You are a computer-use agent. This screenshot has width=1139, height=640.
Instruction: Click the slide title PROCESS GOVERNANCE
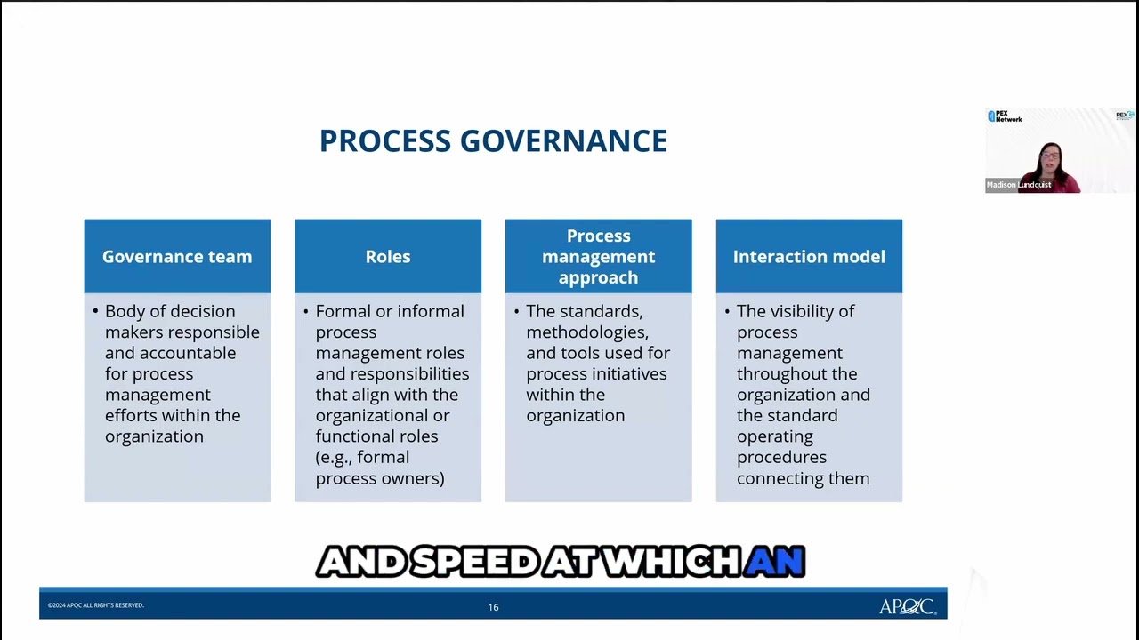(493, 141)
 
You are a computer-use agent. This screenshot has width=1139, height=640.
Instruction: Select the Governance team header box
(177, 257)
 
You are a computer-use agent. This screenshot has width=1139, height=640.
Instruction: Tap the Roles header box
(388, 257)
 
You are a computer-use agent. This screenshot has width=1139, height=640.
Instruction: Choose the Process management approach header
(598, 257)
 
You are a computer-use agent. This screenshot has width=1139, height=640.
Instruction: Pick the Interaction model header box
(809, 257)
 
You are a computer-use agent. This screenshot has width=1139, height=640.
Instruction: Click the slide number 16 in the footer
(493, 607)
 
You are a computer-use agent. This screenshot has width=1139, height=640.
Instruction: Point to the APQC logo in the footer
(907, 606)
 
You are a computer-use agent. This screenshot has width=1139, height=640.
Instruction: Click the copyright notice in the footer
(96, 605)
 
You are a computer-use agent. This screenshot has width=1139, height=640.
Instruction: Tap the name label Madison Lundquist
(1019, 185)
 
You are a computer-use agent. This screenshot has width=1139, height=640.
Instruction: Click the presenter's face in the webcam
(1050, 158)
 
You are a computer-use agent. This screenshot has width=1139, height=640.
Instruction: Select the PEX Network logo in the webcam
(1005, 116)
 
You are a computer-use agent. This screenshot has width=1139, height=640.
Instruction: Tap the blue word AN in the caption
(775, 562)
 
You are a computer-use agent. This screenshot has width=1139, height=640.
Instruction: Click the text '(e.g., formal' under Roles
(362, 457)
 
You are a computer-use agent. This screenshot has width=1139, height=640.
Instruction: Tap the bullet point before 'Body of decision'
(95, 311)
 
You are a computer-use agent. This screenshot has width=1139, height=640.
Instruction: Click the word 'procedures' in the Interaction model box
(781, 457)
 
